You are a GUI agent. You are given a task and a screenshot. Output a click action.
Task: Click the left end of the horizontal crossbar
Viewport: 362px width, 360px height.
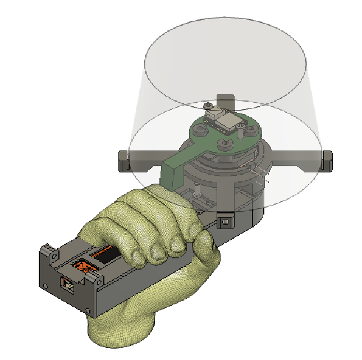pos(124,161)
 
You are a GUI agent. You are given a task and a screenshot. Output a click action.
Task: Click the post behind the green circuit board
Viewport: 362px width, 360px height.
pos(225,101)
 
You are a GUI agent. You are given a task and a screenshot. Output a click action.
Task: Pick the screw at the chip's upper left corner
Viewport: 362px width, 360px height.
pos(209,106)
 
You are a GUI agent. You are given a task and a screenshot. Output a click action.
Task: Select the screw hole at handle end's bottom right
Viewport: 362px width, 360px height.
pos(89,310)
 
